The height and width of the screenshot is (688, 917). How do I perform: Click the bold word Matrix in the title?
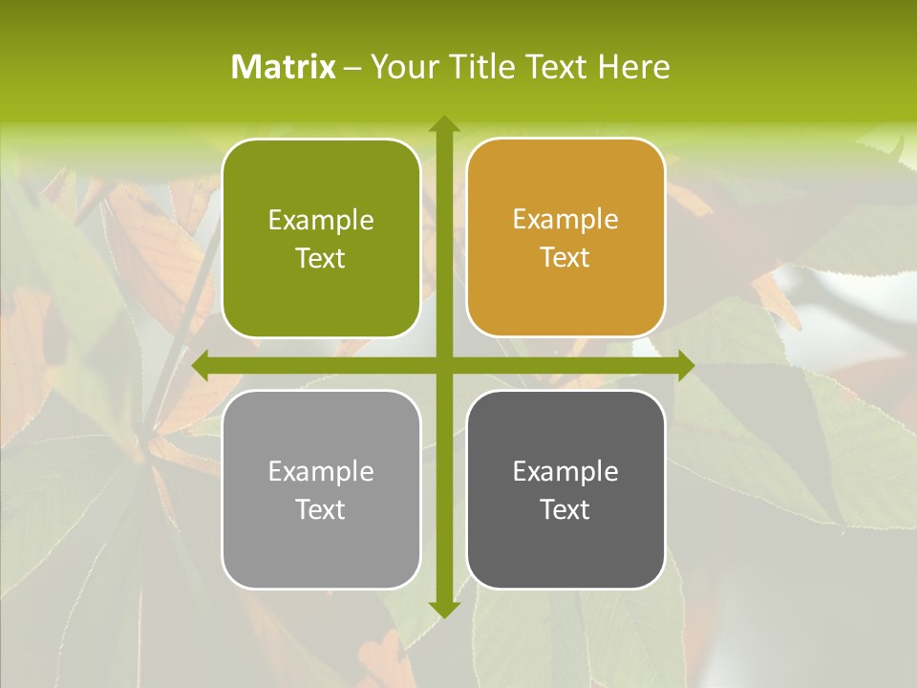(x=284, y=67)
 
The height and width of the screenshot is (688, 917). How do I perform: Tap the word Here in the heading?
(x=634, y=67)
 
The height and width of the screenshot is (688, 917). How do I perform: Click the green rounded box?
(x=321, y=239)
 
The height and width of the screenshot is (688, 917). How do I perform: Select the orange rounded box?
(x=565, y=238)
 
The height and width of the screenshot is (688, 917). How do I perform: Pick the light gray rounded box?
(x=321, y=489)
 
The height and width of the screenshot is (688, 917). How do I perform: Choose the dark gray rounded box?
(x=565, y=489)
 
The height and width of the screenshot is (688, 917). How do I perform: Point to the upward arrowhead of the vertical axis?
(x=443, y=124)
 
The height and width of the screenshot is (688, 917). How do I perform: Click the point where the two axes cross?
(x=443, y=365)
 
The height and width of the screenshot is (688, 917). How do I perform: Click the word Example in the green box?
(x=321, y=221)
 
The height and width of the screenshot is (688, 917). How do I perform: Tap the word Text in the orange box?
(x=565, y=258)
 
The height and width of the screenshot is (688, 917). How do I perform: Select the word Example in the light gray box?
(x=321, y=471)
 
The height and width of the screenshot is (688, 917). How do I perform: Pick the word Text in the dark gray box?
(x=565, y=509)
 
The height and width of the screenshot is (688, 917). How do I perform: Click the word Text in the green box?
(x=321, y=259)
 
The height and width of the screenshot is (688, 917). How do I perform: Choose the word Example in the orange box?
(x=565, y=220)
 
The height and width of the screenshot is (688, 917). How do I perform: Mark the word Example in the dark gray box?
(x=565, y=471)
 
